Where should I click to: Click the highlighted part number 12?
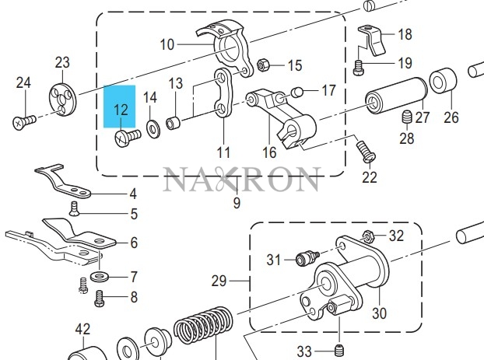[121, 110]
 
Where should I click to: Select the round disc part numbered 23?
[61, 98]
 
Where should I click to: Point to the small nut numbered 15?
[263, 65]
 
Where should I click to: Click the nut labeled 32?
[370, 235]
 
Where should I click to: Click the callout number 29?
[219, 280]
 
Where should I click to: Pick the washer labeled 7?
[99, 276]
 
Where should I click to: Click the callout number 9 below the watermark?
[237, 204]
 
